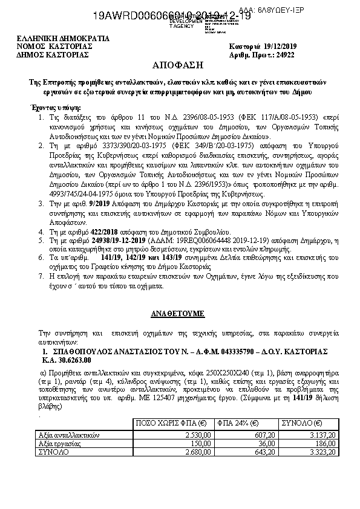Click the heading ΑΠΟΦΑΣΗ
(x=180, y=65)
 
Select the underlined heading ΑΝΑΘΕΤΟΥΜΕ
(x=180, y=314)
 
